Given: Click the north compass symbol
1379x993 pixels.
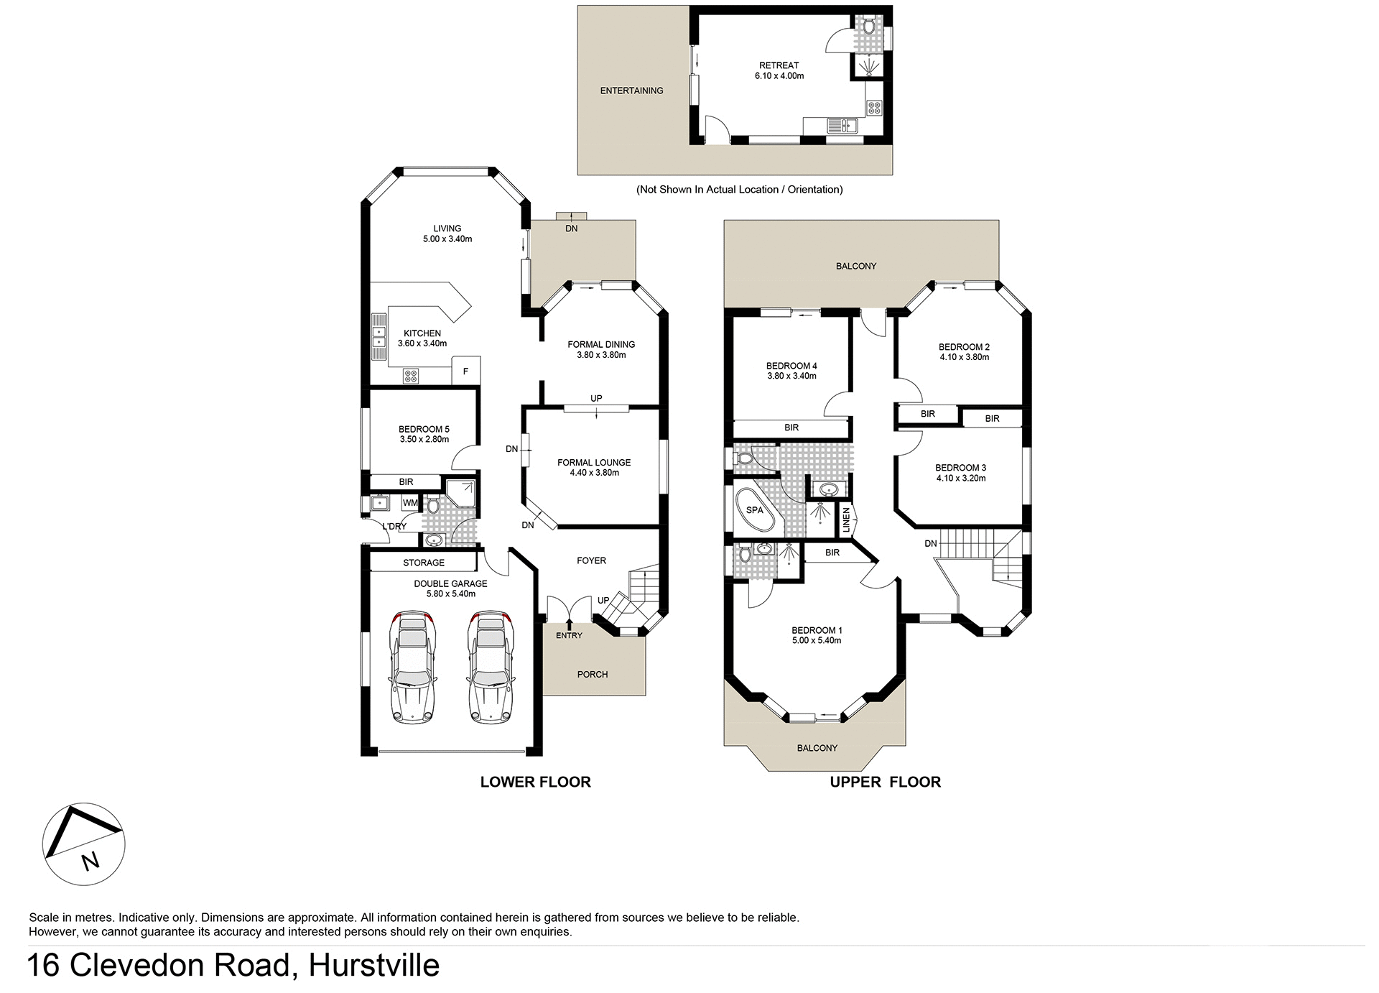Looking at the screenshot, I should (83, 844).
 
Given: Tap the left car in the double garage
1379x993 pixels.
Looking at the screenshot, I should (412, 667).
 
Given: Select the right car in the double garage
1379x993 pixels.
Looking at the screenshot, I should (491, 667).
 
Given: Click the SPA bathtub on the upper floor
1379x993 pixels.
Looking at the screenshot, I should (755, 510).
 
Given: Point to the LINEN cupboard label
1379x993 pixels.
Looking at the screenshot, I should (846, 519).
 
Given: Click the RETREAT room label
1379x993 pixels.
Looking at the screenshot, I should (779, 65).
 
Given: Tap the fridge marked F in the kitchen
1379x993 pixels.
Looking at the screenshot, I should (465, 371).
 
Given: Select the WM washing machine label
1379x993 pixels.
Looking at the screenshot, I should (409, 503).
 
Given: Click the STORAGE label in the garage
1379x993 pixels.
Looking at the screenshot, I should (423, 563).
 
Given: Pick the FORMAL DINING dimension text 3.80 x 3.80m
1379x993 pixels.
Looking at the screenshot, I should (601, 355).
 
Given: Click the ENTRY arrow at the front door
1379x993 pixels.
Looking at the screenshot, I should (570, 624).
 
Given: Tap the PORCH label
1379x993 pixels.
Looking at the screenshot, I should (592, 674).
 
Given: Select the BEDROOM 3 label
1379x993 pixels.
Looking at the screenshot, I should (960, 468).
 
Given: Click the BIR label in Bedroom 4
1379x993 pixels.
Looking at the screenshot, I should (791, 428).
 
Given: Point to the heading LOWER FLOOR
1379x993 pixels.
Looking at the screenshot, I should (535, 782).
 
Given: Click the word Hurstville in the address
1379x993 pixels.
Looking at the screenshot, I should (373, 965).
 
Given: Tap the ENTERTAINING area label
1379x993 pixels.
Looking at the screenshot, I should (631, 91).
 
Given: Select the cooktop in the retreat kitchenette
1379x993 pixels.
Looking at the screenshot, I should (874, 108).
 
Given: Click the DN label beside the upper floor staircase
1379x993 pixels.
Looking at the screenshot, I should (930, 543).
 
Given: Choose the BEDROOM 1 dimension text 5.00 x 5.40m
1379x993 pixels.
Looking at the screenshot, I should (817, 640).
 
